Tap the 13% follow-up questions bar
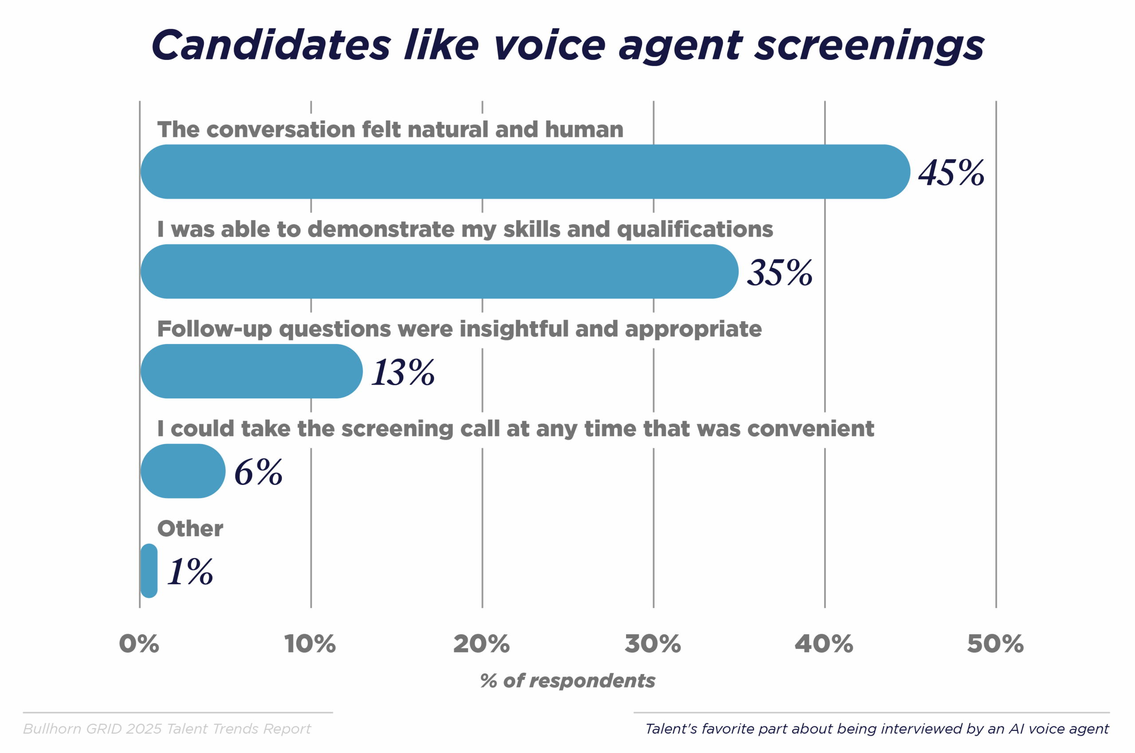click(251, 371)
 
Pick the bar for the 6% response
click(183, 471)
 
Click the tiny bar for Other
click(149, 570)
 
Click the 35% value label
click(779, 272)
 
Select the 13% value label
click(403, 372)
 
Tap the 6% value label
click(258, 472)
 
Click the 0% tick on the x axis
click(139, 644)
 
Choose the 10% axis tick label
click(310, 644)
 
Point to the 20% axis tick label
click(481, 644)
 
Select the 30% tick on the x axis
click(653, 644)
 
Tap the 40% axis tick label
click(824, 644)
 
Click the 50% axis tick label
click(995, 644)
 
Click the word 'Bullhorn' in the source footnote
click(52, 729)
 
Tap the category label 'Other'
click(190, 529)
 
